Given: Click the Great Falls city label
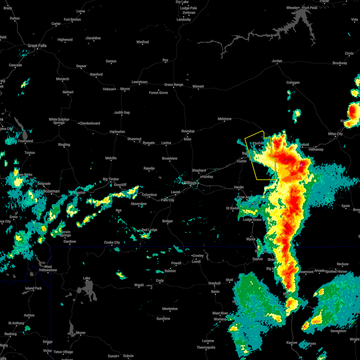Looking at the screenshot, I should click(x=37, y=46).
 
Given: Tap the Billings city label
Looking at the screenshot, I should click(x=190, y=183).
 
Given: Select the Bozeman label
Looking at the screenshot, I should click(x=51, y=191).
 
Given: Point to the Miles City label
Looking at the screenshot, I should click(x=335, y=134).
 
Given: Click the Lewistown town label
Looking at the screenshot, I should click(x=139, y=82).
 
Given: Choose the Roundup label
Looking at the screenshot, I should click(x=188, y=131).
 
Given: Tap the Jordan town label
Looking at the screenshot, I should click(x=277, y=61).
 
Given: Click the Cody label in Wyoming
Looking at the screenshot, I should click(x=160, y=280).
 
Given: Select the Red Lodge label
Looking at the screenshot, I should click(x=149, y=230).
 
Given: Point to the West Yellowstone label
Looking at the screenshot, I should click(x=48, y=268).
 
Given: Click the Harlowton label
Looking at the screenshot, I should click(x=117, y=132).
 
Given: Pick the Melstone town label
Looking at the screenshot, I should click(x=225, y=119).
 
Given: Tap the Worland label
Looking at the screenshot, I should click(x=220, y=319).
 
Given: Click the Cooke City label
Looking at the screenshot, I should click(x=112, y=242).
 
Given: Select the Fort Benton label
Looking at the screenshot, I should click(x=72, y=19).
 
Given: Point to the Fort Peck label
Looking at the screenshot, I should click(x=310, y=8).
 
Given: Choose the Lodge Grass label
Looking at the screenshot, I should click(x=252, y=220).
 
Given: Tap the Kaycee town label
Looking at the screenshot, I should click(x=292, y=343).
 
